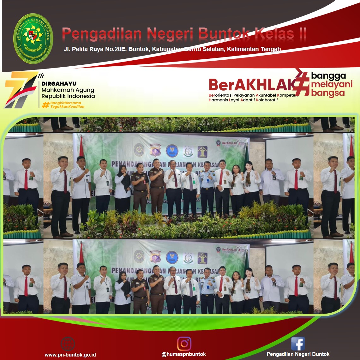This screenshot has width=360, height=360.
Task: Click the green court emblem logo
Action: pyautogui.click(x=33, y=38)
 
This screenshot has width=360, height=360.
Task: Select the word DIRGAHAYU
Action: pyautogui.click(x=59, y=84)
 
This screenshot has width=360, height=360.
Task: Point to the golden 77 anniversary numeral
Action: pyautogui.click(x=20, y=90)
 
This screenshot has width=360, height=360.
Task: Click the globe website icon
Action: pyautogui.click(x=68, y=344)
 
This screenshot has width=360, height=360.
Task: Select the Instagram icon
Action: pyautogui.click(x=184, y=344)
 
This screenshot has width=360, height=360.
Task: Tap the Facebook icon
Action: pyautogui.click(x=298, y=344)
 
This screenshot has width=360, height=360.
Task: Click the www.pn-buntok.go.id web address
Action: pyautogui.click(x=70, y=355)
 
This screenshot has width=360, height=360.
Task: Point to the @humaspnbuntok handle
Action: pyautogui.click(x=183, y=354)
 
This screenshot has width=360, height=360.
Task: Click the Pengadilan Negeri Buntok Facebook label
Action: pyautogui.click(x=298, y=354)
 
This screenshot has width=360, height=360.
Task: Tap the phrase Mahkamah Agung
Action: pyautogui.click(x=68, y=90)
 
